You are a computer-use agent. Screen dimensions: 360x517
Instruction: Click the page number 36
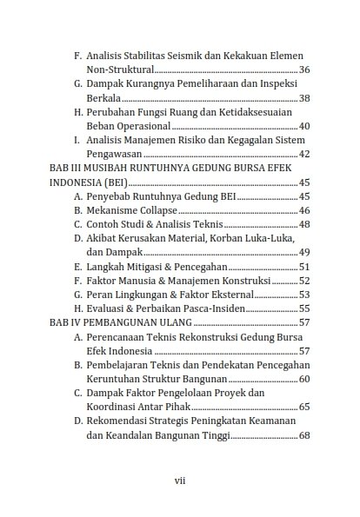[x=304, y=68]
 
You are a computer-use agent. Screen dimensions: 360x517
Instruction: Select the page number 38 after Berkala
[x=304, y=98]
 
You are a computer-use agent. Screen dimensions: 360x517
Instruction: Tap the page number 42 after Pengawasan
[x=304, y=154]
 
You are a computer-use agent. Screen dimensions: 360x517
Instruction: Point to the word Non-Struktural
[x=120, y=68]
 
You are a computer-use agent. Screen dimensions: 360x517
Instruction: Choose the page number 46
[x=304, y=210]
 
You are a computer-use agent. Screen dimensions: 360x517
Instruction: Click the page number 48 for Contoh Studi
[x=304, y=224]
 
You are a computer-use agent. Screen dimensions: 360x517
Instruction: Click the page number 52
[x=304, y=280]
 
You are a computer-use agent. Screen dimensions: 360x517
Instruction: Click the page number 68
[x=304, y=434]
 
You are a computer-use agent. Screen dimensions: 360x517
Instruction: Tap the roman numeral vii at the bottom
[x=180, y=477]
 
